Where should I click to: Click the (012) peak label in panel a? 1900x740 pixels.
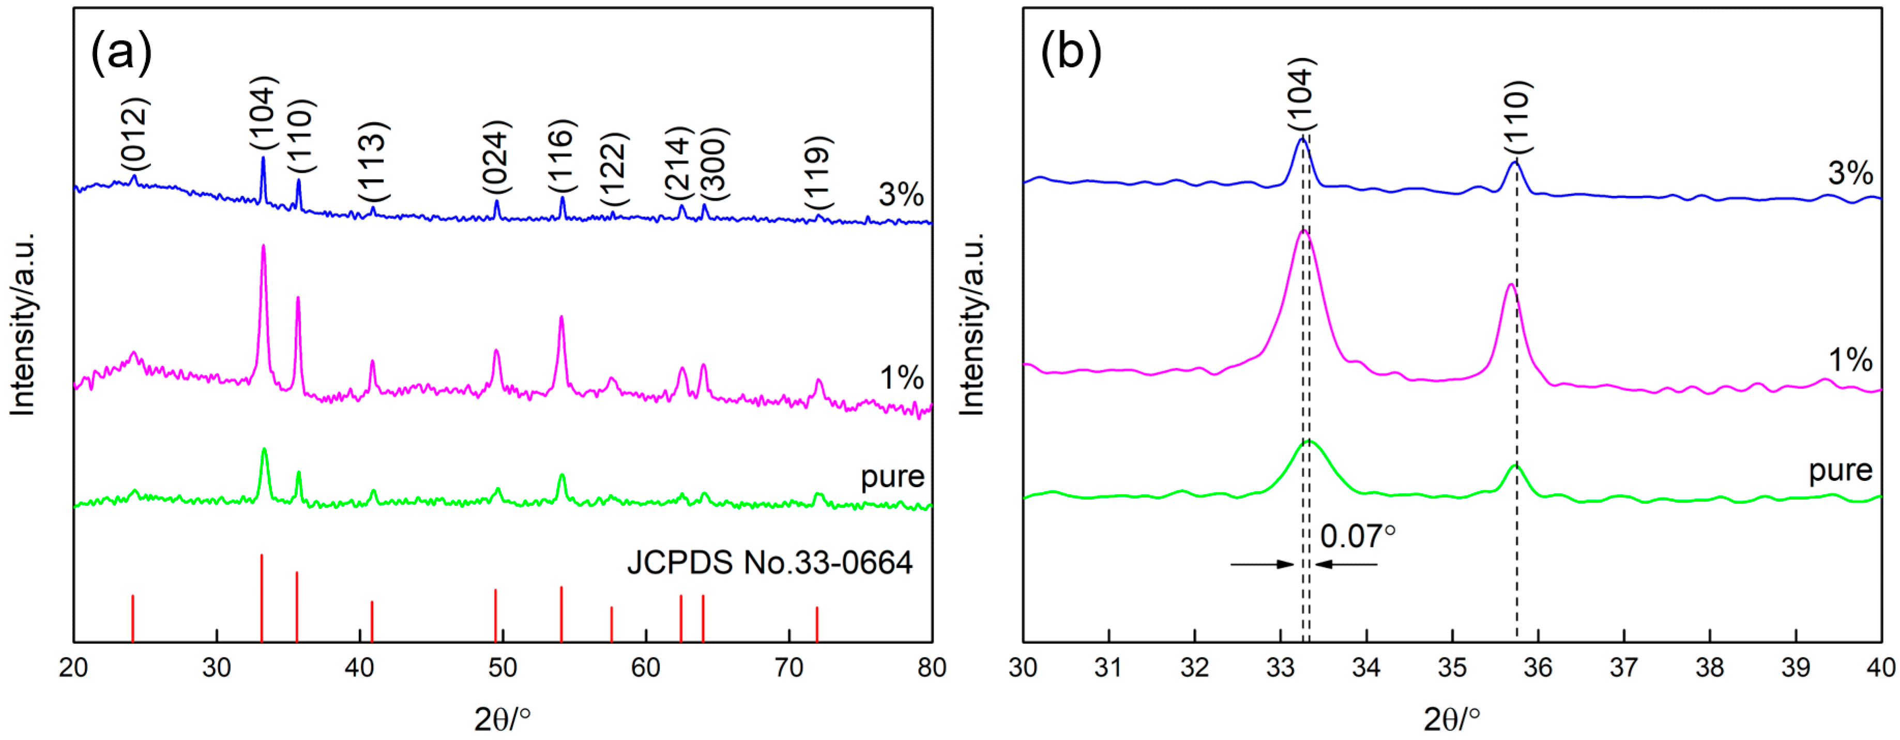(135, 134)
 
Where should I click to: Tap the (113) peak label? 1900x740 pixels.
(373, 161)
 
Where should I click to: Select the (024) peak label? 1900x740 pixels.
(496, 157)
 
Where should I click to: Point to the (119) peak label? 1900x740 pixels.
(818, 173)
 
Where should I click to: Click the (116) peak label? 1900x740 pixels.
(561, 156)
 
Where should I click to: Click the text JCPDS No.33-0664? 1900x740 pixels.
(769, 563)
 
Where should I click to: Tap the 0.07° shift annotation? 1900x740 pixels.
(1357, 536)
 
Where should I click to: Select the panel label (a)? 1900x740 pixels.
(121, 53)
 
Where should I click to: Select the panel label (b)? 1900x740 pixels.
(1070, 53)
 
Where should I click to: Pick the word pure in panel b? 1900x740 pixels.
(1840, 470)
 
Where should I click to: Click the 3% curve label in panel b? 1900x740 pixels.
(1850, 173)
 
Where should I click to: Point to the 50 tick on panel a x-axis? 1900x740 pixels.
(503, 667)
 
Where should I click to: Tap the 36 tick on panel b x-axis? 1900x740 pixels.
(1538, 667)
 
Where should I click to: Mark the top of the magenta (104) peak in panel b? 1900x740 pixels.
(1303, 231)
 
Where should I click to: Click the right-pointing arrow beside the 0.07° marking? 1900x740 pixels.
(1262, 564)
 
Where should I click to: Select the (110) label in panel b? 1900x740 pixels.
(1517, 116)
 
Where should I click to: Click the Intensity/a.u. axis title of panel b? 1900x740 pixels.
(972, 325)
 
